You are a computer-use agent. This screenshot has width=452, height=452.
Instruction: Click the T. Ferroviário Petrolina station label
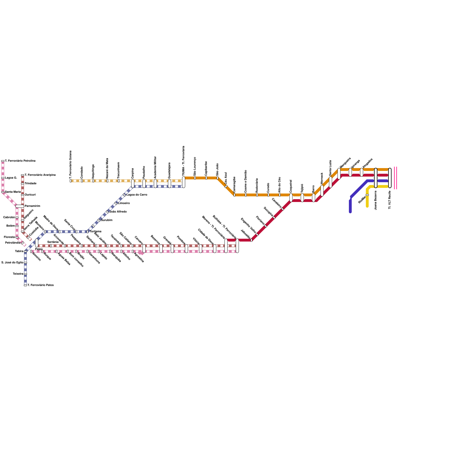[x=20, y=161]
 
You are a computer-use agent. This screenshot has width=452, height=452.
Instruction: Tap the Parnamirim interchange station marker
[x=20, y=206]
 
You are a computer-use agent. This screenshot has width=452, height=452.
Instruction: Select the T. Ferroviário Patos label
[x=40, y=285]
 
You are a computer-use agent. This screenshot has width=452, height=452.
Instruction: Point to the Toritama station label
[x=95, y=232]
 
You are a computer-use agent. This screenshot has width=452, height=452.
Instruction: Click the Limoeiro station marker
[x=116, y=203]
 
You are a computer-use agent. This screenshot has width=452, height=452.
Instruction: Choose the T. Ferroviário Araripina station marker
[x=23, y=175]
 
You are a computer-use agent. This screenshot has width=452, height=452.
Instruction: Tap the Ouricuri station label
[x=30, y=195]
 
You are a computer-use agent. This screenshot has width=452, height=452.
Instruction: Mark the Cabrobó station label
[x=9, y=218]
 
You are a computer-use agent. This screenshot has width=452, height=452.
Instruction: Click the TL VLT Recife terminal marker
[x=390, y=178]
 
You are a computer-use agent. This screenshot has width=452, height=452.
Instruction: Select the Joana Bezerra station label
[x=376, y=200]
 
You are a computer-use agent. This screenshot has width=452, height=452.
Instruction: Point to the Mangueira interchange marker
[x=339, y=174]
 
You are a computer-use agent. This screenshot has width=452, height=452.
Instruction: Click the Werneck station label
[x=322, y=179]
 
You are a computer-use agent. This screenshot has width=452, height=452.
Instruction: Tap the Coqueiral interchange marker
[x=291, y=198]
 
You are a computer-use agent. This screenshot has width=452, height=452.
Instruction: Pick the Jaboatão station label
[x=245, y=234]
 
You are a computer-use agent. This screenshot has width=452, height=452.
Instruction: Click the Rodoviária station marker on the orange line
[x=257, y=195]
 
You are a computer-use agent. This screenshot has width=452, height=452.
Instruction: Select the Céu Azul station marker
[x=226, y=186]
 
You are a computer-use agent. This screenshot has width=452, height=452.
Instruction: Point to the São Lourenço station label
[x=195, y=167]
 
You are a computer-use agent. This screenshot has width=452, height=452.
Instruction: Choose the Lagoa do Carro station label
[x=137, y=195]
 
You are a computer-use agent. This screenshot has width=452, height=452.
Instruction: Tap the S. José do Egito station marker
[x=25, y=263]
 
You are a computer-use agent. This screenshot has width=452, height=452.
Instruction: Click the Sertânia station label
[x=53, y=242]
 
